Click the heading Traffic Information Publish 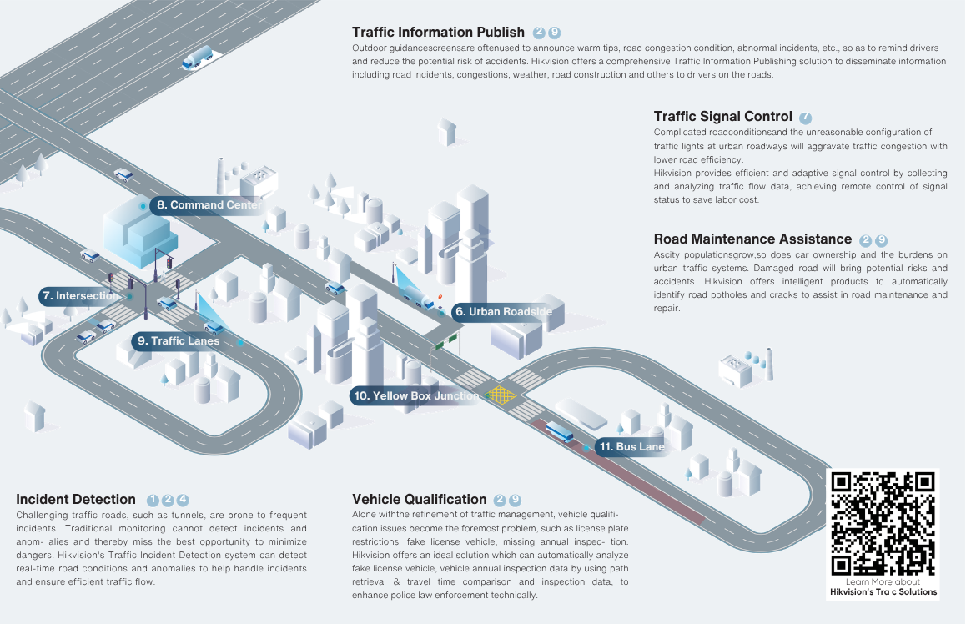(x=438, y=32)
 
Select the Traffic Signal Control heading (x=722, y=117)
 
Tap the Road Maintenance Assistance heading (x=752, y=239)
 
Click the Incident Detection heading (x=76, y=499)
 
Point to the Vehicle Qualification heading (x=419, y=499)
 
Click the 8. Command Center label (x=209, y=205)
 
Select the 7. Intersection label (x=79, y=296)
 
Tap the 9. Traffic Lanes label (x=177, y=341)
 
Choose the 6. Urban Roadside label (x=503, y=312)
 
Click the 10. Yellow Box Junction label (x=415, y=395)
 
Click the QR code (x=883, y=524)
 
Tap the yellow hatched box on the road (x=501, y=395)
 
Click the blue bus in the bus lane (x=560, y=432)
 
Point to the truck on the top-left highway (x=197, y=58)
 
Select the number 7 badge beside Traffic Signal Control (x=805, y=118)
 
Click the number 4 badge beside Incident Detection (x=183, y=501)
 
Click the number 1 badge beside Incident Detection (x=153, y=501)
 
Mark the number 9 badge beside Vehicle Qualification (x=515, y=501)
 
